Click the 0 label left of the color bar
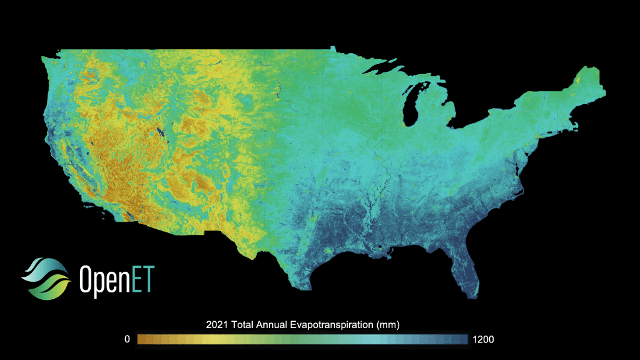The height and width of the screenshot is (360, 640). point(127,339)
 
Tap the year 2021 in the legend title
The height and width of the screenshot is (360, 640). point(216,325)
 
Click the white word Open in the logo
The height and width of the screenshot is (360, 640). point(103,279)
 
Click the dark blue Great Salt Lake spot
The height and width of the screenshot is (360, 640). point(161,132)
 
